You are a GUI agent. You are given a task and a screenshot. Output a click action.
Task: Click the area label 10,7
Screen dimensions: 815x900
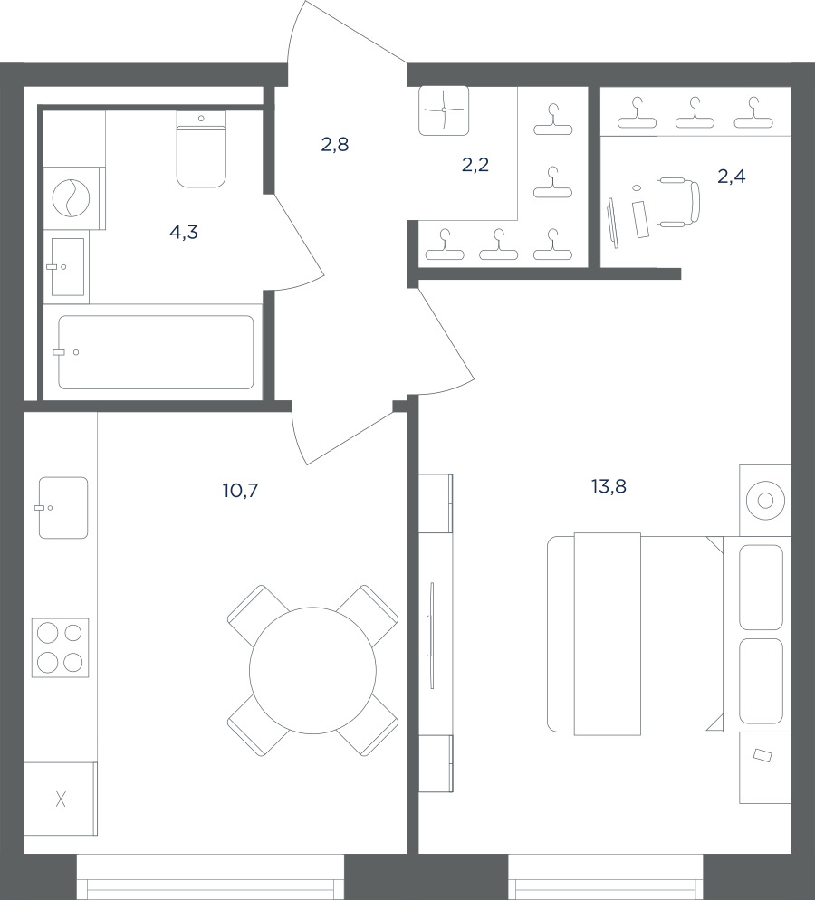(x=241, y=491)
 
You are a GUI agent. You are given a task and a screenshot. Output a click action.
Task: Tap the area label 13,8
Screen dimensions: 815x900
(x=609, y=487)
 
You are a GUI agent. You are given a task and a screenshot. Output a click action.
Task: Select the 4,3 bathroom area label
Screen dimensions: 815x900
(x=184, y=233)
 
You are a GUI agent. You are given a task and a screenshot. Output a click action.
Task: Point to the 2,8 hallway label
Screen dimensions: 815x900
(x=335, y=145)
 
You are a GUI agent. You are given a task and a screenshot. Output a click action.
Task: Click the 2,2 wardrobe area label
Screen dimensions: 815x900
(x=475, y=166)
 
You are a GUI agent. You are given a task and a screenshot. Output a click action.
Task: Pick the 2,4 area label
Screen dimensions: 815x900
(x=731, y=177)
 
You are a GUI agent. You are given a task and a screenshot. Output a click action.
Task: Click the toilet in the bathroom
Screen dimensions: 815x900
(x=201, y=149)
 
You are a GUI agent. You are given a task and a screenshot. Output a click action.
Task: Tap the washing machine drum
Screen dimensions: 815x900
(x=72, y=198)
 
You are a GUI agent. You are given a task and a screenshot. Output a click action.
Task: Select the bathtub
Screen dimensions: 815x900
(x=156, y=352)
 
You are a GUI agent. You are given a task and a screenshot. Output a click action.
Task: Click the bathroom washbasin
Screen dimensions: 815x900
(x=68, y=267)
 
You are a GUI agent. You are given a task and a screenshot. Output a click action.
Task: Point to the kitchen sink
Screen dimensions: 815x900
(x=63, y=508)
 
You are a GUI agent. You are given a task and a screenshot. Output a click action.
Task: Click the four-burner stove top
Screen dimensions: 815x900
(x=61, y=648)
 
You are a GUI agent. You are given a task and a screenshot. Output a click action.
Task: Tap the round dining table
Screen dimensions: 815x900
(x=312, y=670)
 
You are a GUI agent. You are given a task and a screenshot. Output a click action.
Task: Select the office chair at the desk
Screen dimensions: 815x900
(x=679, y=202)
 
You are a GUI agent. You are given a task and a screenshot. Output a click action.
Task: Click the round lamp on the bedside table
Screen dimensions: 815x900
(x=765, y=501)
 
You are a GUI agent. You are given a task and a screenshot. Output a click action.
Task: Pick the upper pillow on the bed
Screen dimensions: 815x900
(x=761, y=588)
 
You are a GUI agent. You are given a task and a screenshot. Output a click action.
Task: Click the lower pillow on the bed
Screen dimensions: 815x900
(x=761, y=681)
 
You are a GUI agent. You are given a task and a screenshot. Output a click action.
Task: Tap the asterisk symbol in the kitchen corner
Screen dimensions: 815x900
(x=61, y=799)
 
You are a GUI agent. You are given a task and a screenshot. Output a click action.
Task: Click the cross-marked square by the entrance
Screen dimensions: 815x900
(x=444, y=110)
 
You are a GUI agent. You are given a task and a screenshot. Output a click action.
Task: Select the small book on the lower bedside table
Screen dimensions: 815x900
(x=762, y=755)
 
